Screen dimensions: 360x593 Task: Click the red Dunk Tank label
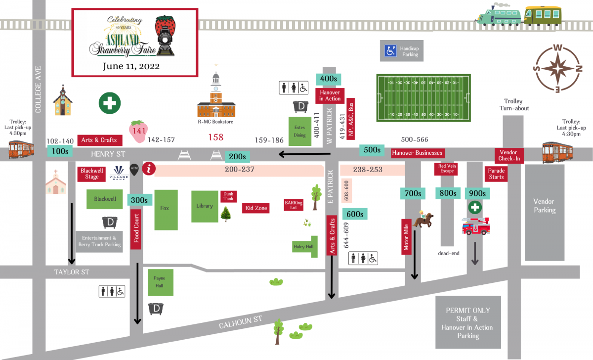(228, 196)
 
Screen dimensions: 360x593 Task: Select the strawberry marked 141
(139, 131)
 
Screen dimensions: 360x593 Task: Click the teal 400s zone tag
(329, 79)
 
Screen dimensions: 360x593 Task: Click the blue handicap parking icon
(391, 50)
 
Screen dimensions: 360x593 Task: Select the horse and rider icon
(424, 219)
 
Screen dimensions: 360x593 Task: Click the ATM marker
(134, 169)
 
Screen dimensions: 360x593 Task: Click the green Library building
(205, 206)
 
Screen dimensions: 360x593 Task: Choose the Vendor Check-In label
(508, 156)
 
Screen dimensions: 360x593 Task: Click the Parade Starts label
(496, 174)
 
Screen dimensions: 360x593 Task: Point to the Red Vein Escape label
(447, 168)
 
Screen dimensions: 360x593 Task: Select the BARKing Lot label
(294, 205)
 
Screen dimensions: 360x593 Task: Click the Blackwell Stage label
(91, 174)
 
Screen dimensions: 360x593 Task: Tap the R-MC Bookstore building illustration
(215, 96)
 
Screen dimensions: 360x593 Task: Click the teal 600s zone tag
(355, 214)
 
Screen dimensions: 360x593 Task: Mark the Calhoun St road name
(241, 322)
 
